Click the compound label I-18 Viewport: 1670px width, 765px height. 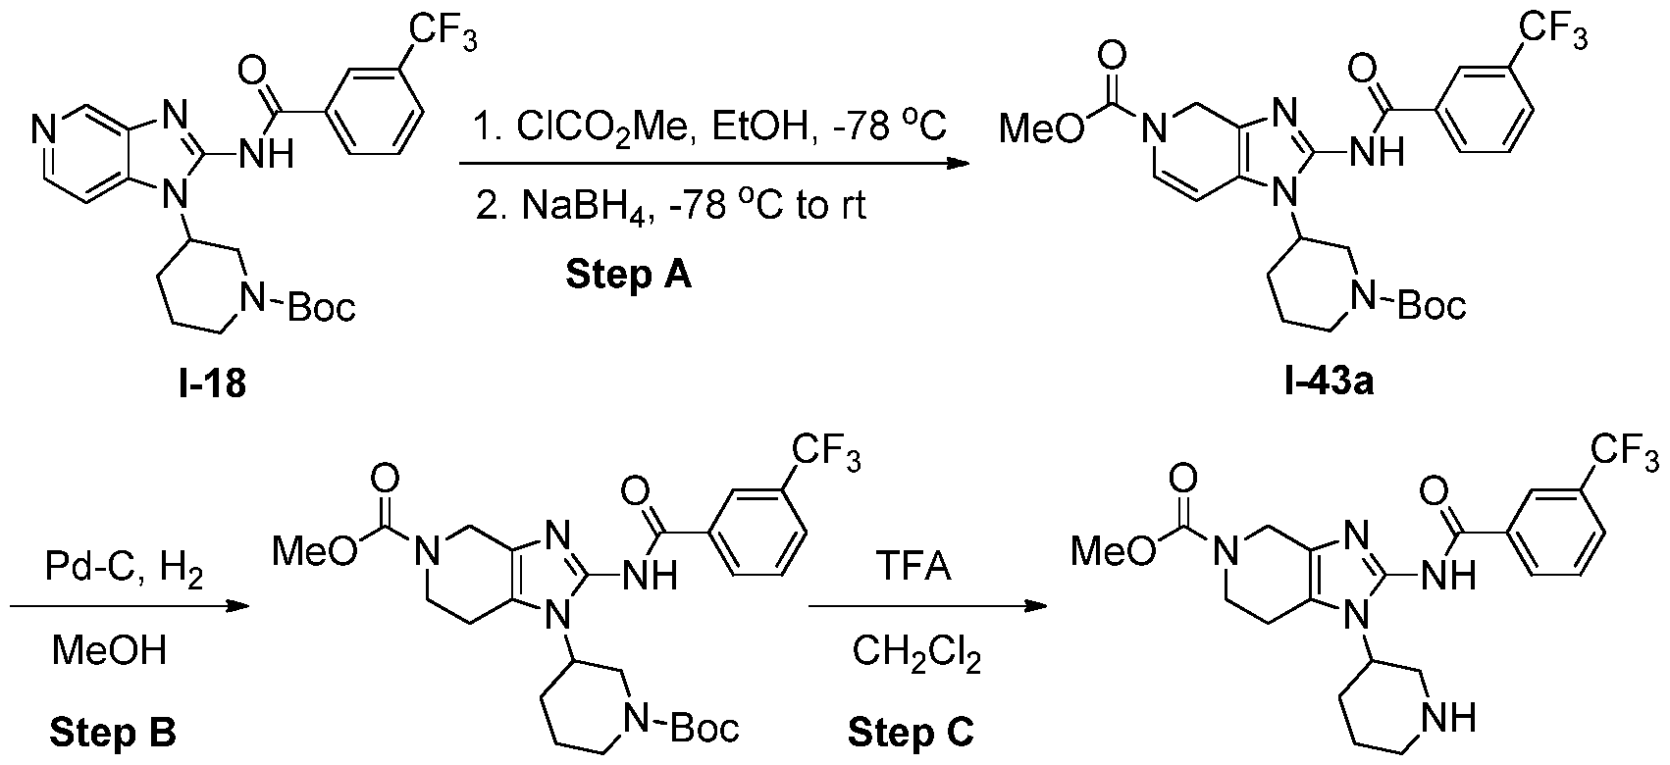click(x=212, y=383)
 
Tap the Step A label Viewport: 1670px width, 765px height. click(x=629, y=275)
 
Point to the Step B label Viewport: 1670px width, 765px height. click(x=113, y=733)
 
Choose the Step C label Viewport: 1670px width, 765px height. click(x=912, y=733)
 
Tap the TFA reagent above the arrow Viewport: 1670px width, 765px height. click(x=913, y=566)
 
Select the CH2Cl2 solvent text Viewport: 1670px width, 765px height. click(x=916, y=653)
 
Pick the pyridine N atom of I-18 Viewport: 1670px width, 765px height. click(x=44, y=131)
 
